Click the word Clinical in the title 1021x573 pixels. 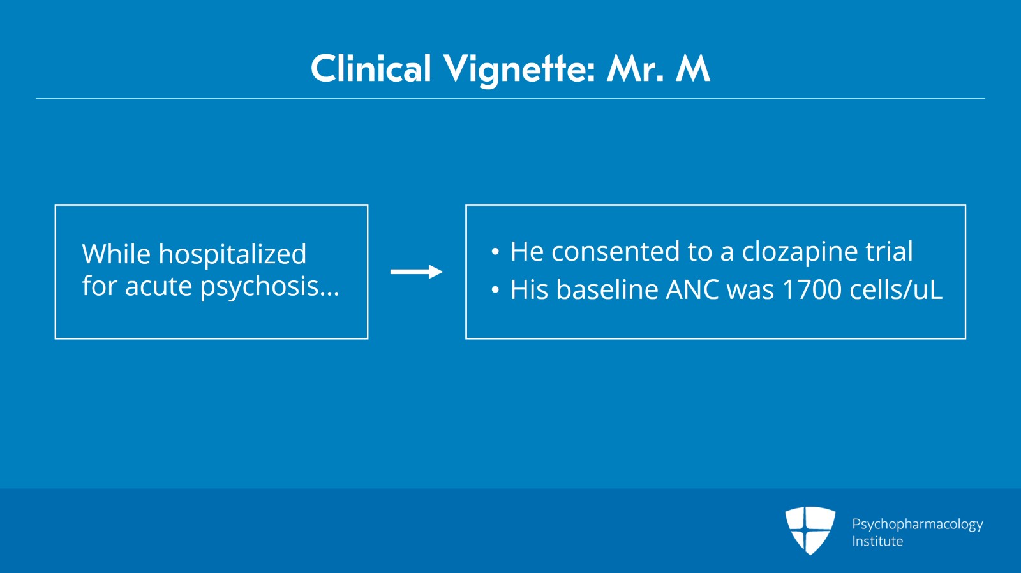coord(371,68)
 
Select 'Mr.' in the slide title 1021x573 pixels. coord(634,68)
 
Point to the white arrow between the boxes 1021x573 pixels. coord(417,272)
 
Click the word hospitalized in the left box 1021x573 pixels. coord(232,255)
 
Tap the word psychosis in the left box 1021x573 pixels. coord(270,287)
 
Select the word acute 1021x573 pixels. coord(158,287)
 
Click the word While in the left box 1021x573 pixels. coord(116,254)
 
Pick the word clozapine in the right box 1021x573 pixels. coord(800,252)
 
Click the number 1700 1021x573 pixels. coord(811,289)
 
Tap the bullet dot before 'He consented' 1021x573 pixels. coord(495,252)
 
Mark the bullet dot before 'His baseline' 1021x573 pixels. coord(495,290)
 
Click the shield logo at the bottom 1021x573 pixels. coord(810,530)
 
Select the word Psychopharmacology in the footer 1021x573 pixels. coord(918,525)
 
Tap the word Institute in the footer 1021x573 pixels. coord(877,541)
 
